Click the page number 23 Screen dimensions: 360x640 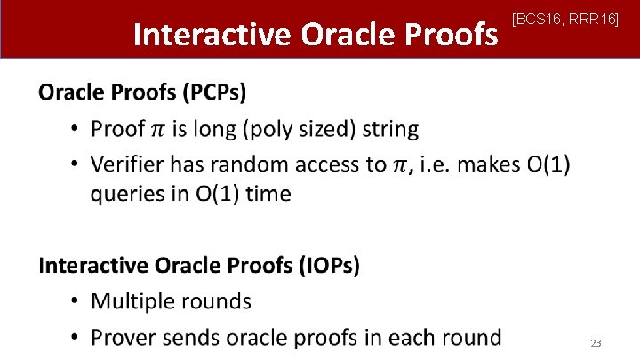click(596, 343)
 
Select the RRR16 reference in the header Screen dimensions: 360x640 click(594, 19)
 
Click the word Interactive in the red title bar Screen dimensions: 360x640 click(212, 34)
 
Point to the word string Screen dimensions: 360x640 click(388, 129)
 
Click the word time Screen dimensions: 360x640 click(268, 194)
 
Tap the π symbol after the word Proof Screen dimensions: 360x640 click(156, 130)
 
